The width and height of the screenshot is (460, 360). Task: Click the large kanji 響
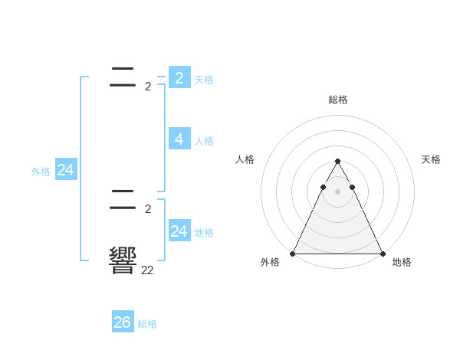pos(123,261)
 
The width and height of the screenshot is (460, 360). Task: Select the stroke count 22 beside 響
pos(147,270)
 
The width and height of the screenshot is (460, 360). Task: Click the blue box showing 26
pos(123,322)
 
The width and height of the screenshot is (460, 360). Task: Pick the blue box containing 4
pos(179,139)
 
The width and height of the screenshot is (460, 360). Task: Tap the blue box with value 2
pos(179,77)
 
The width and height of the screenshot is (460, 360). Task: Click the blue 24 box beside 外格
pos(66,170)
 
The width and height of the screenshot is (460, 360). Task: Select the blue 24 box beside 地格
pos(179,231)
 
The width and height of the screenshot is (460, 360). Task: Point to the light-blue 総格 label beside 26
pos(147,324)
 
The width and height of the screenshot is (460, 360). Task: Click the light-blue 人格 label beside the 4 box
pos(204,141)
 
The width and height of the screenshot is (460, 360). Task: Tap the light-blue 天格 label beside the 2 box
pos(204,80)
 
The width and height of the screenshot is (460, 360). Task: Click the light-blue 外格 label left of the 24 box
pos(41,172)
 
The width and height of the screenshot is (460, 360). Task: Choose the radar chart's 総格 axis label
pos(337,100)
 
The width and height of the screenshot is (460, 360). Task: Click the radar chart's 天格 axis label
pos(431,159)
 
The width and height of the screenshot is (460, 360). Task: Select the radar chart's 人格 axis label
pos(245,159)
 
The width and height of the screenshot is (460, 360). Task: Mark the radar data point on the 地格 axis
pos(382,254)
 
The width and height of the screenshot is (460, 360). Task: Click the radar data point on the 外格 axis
pos(293,254)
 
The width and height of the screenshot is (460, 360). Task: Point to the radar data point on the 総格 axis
pos(337,162)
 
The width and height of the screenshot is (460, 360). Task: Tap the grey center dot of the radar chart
pos(337,191)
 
